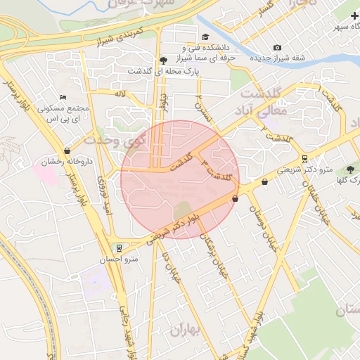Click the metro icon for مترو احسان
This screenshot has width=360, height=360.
tap(120, 247)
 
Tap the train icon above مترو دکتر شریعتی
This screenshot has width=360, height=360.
tap(304, 158)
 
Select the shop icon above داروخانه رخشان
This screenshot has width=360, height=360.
tap(67, 150)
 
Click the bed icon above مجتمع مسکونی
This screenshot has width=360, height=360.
tap(63, 98)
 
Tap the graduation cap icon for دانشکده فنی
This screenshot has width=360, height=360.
tap(205, 37)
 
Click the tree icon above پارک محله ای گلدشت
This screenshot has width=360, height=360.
tap(164, 60)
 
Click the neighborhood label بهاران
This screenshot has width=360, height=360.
tap(185, 330)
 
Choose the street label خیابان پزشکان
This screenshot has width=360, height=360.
tap(215, 259)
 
